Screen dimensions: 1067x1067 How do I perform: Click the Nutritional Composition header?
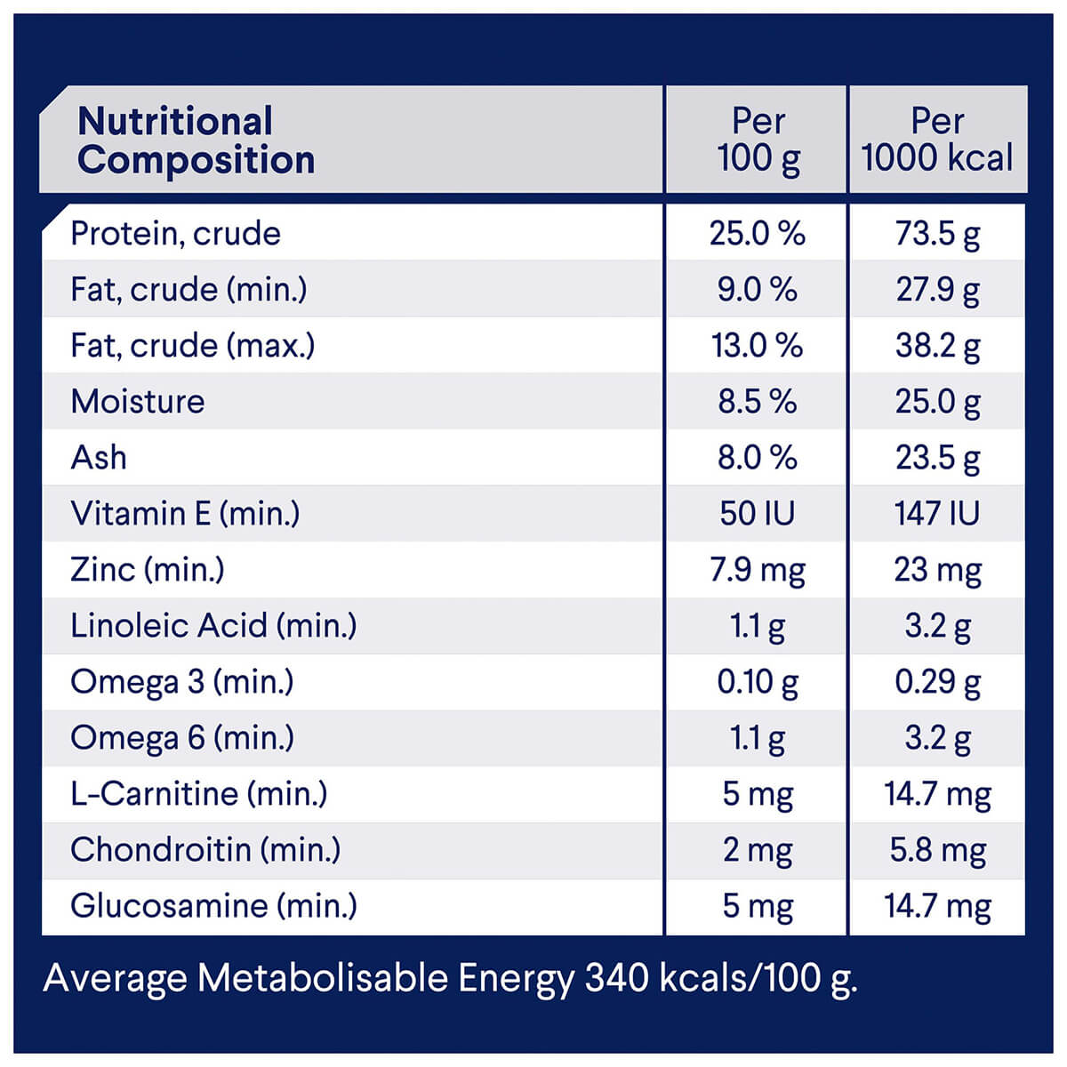[x=196, y=140]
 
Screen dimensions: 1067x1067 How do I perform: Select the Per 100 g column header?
[x=758, y=140]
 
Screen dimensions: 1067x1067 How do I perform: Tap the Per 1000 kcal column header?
[x=937, y=140]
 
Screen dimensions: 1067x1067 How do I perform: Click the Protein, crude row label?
[x=175, y=234]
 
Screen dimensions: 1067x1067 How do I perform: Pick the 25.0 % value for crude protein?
[x=757, y=234]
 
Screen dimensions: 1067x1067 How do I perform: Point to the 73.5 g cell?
[x=937, y=234]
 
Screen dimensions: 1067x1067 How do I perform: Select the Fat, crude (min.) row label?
[x=189, y=290]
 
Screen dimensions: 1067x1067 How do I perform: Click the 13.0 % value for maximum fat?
[x=757, y=346]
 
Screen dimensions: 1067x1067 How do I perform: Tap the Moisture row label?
[x=138, y=402]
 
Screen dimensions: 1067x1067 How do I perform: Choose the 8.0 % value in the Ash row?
[x=757, y=458]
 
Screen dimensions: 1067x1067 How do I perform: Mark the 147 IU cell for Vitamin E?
[x=937, y=514]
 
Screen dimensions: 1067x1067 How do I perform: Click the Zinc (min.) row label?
[x=148, y=570]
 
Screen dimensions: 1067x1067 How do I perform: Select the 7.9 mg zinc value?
[x=757, y=570]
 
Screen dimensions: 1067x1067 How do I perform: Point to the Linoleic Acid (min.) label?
[x=213, y=626]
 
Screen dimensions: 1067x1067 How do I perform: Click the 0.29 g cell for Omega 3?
[x=937, y=682]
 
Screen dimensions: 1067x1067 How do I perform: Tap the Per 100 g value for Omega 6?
[x=757, y=738]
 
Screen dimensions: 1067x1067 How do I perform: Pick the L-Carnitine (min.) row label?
[x=198, y=794]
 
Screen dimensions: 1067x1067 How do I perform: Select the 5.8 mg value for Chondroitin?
[x=937, y=850]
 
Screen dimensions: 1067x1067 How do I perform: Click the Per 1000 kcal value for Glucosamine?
[x=937, y=906]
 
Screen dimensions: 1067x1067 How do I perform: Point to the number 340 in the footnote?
[x=617, y=978]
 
